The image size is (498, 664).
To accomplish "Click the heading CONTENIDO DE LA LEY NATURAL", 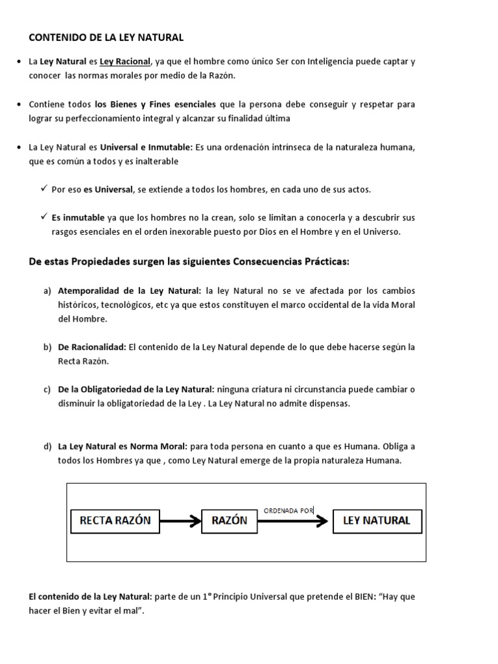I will coord(106,38).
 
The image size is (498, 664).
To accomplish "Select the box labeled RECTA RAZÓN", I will coord(115,520).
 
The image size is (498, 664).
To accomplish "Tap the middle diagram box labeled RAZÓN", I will coord(229,520).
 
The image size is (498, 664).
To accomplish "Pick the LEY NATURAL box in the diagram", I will coord(376,520).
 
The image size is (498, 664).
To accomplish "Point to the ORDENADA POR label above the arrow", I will coord(289,510).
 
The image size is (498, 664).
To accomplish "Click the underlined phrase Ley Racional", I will coord(124,62).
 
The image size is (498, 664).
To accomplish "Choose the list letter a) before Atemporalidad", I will coord(47,290).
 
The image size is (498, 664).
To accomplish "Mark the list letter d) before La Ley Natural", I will coord(47,447).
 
